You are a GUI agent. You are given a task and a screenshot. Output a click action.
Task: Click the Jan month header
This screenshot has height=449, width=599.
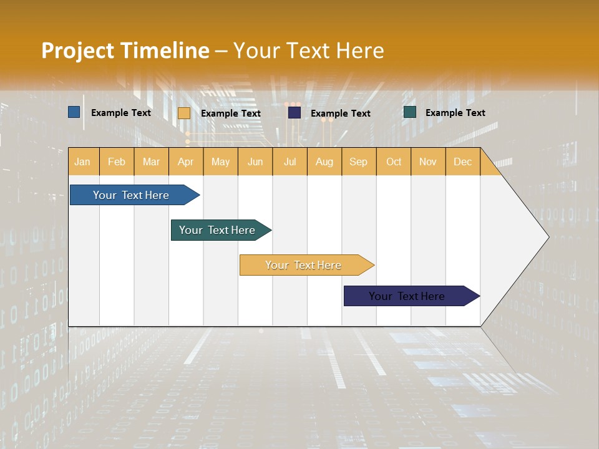(x=83, y=162)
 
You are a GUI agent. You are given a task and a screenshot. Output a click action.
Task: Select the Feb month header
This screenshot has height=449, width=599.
(x=117, y=162)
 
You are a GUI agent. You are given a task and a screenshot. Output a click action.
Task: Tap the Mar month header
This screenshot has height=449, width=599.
(x=151, y=162)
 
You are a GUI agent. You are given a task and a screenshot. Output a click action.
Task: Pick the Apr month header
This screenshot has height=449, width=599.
(x=186, y=162)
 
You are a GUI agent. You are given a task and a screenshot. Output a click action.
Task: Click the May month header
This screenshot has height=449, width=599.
(x=220, y=162)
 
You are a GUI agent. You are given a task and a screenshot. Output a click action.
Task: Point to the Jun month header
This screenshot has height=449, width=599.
(x=255, y=162)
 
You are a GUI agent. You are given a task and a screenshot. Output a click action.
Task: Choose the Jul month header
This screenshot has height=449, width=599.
(x=290, y=162)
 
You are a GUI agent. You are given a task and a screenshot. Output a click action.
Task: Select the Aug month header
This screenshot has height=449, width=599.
(x=324, y=162)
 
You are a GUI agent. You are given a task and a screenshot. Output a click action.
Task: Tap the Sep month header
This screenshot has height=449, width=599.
(x=359, y=162)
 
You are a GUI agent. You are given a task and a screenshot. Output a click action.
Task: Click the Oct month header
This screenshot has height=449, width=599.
(x=394, y=162)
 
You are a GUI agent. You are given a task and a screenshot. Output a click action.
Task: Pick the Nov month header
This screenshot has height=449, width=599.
(x=428, y=162)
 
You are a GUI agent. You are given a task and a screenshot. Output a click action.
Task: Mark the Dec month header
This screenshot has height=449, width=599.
(x=463, y=162)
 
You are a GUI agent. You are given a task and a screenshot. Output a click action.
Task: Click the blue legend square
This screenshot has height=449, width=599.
(x=74, y=112)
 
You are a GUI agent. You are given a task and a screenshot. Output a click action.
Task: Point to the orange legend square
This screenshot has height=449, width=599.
(x=184, y=113)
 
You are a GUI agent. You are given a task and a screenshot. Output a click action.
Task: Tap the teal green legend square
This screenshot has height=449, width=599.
(x=410, y=112)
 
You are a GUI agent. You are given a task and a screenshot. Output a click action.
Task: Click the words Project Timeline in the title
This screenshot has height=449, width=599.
(x=125, y=51)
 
